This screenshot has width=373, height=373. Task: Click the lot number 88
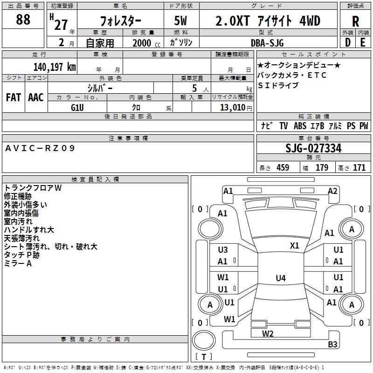23,20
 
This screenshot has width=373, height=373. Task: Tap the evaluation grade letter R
355,21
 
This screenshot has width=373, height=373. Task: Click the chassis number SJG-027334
313,149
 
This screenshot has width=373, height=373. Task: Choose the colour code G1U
77,107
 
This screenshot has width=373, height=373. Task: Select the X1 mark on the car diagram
295,245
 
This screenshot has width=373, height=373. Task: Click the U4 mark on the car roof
280,278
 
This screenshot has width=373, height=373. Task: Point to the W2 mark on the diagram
268,333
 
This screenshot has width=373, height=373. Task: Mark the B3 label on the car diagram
332,344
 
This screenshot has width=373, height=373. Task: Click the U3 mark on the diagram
223,250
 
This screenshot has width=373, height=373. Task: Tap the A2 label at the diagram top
332,191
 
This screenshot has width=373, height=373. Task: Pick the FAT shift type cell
13,97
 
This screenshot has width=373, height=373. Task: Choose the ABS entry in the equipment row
300,126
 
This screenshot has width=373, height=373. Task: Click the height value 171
359,168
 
